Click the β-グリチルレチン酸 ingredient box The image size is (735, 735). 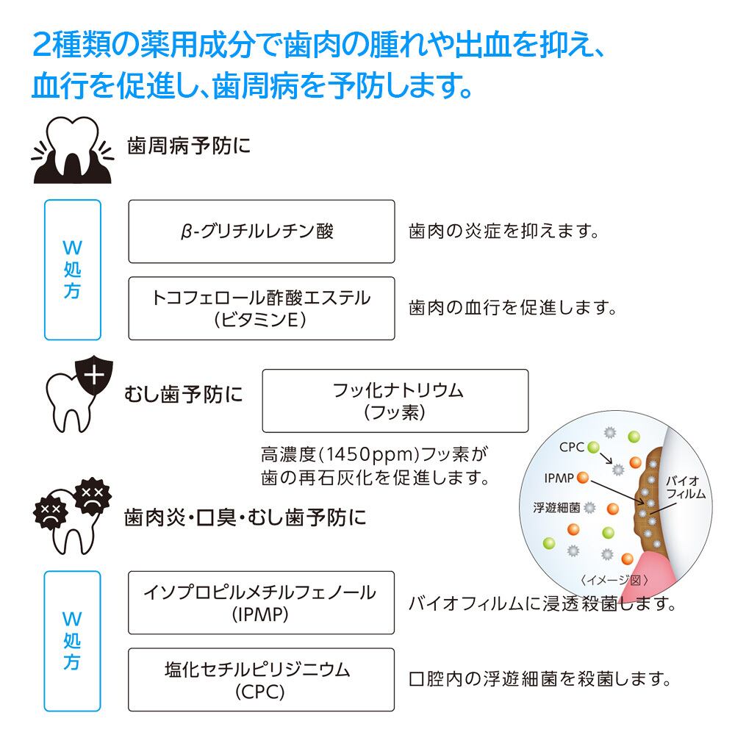(262, 232)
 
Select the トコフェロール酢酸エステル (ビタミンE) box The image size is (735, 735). (262, 309)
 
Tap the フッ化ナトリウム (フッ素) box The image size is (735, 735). (395, 401)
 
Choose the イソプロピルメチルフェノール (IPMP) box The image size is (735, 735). (261, 603)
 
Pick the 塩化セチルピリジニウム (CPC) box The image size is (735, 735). (261, 680)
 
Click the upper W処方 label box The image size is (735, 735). (73, 270)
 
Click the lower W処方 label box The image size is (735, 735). (72, 641)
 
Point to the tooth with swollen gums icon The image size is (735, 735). (73, 149)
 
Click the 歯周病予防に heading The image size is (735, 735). (189, 146)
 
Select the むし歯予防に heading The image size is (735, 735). (183, 394)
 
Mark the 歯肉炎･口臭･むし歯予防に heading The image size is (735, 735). (245, 518)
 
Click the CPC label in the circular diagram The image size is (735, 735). (572, 447)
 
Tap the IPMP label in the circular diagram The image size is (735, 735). (559, 478)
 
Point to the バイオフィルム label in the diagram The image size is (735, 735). (686, 487)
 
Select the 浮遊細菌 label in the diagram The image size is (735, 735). (556, 508)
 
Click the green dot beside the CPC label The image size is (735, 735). (593, 447)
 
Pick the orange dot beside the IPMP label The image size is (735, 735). (583, 478)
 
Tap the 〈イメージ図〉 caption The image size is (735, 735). (614, 581)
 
